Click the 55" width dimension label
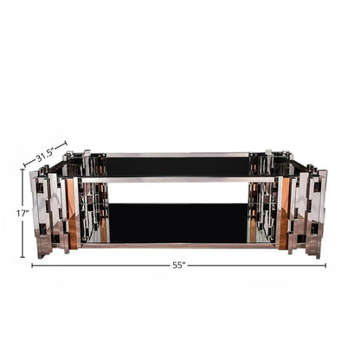tap(179, 265)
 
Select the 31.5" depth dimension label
tap(46, 157)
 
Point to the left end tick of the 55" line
tap(33, 265)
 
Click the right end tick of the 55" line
tap(326, 265)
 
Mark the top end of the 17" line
tap(23, 169)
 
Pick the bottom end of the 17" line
tap(23, 257)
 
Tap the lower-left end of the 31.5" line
tap(27, 164)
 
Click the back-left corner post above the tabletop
tap(87, 158)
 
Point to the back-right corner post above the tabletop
tap(268, 158)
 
